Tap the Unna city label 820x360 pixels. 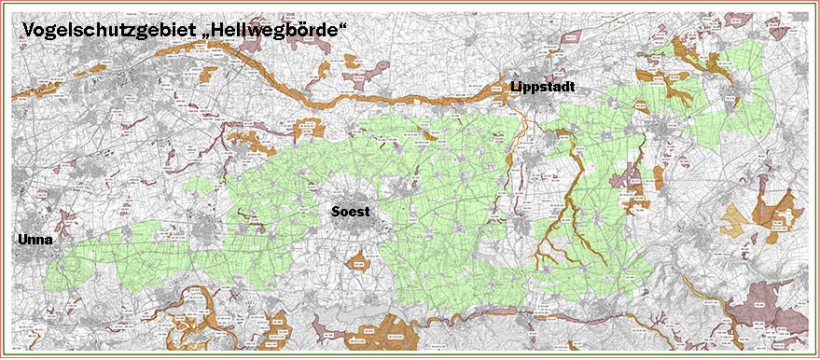coord(33,240)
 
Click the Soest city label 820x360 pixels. coord(351,212)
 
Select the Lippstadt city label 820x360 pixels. coord(542,87)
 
